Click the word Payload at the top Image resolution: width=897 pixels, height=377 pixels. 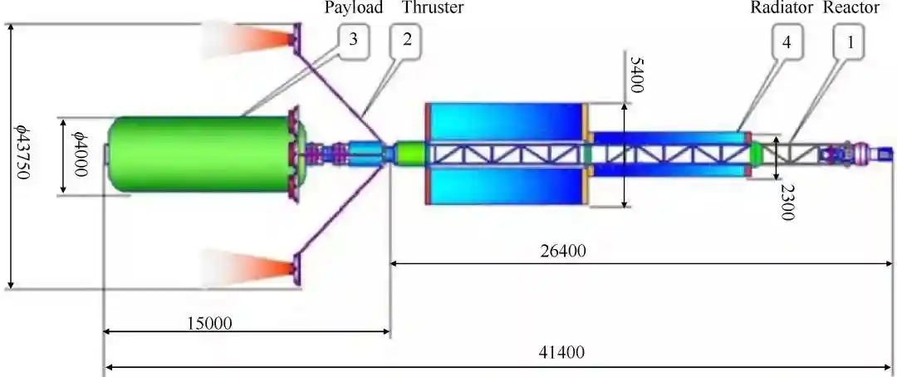354,8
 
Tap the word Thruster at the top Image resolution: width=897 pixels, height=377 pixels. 433,7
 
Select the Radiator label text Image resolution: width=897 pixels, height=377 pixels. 782,7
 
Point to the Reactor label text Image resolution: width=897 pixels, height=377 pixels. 851,7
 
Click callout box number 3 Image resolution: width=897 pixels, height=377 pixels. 354,41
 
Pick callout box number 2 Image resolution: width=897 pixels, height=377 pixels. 407,42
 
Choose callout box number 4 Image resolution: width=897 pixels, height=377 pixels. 787,42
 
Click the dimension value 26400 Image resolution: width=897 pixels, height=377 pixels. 563,251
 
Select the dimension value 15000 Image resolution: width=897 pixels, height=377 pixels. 210,323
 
